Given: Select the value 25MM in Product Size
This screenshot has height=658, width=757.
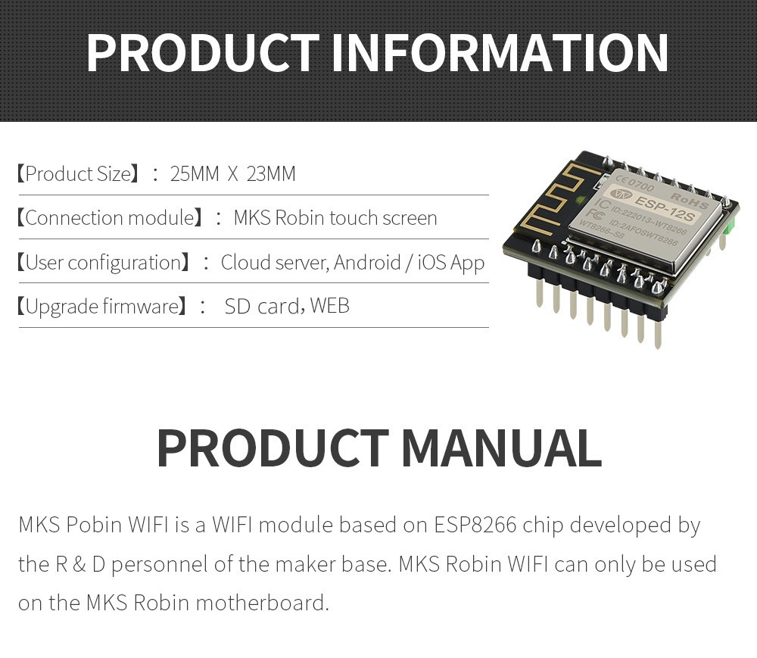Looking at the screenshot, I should (x=195, y=174).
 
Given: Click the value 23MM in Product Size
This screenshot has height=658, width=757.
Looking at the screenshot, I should (x=271, y=174).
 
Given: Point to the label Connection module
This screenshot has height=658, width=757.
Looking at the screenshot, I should (x=110, y=218).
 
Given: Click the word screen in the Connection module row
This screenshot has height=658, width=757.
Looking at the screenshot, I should (x=410, y=218).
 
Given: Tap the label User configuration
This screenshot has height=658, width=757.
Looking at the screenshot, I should (x=107, y=263).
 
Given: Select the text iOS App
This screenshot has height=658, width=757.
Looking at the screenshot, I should (x=452, y=263).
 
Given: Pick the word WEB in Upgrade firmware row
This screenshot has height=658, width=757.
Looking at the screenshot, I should (x=329, y=307).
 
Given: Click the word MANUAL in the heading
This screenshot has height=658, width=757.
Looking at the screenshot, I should (x=500, y=448).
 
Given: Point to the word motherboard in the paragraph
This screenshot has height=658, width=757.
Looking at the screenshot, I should (x=262, y=603).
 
